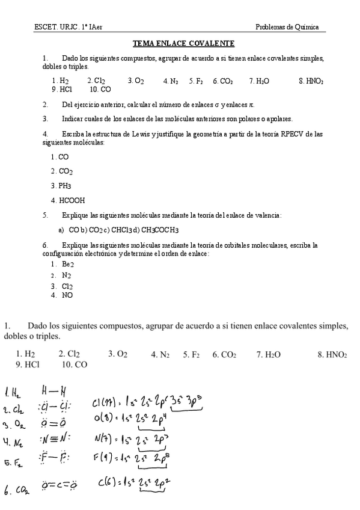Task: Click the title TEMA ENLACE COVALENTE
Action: (x=183, y=43)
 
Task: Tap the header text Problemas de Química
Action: (x=287, y=27)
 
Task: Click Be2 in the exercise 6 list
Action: (x=67, y=264)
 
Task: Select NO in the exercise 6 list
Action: (x=67, y=295)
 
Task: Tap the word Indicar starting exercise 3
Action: (x=72, y=118)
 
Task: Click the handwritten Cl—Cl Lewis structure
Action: (x=55, y=407)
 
